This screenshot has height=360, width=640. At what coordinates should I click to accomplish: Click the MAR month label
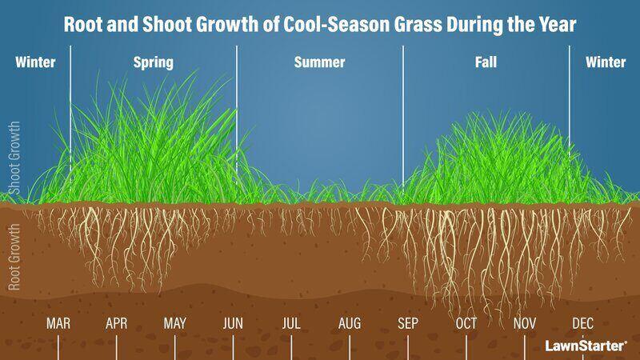point(58,324)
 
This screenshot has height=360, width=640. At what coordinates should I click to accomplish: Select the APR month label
point(117,324)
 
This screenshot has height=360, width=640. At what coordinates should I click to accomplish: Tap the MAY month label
point(175,324)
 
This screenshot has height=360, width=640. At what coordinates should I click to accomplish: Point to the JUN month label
point(233,324)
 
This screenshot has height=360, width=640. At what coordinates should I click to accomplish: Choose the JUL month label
point(291,324)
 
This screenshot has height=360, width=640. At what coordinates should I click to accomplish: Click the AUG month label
point(350,324)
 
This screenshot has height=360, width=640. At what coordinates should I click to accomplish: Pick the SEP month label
point(408,324)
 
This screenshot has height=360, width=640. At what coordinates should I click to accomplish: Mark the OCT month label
point(466,324)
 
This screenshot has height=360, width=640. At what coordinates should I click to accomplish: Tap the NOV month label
point(525,324)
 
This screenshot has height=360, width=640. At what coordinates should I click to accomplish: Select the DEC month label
point(583,324)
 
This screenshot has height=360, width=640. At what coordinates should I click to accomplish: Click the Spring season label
point(153,62)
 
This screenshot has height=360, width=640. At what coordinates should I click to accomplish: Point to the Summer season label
point(319,62)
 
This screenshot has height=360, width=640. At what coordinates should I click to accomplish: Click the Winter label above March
point(35,62)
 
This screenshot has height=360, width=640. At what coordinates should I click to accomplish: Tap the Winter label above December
point(606,62)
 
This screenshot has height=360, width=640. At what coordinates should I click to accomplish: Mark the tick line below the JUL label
point(291,348)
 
